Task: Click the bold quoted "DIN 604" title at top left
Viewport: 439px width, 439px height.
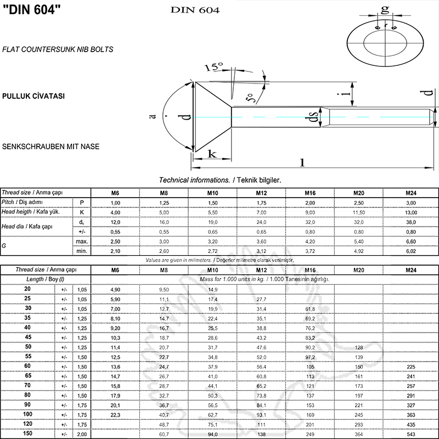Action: (x=32, y=12)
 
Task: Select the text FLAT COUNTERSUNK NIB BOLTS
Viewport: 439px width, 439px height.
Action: (x=58, y=49)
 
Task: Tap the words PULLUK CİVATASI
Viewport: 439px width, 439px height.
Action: (x=33, y=95)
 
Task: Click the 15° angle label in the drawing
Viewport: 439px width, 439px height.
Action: (x=213, y=67)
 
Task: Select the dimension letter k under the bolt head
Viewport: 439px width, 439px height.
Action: (x=211, y=154)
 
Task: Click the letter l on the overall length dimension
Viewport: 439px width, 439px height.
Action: (x=302, y=161)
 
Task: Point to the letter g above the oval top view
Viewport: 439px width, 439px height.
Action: (x=385, y=9)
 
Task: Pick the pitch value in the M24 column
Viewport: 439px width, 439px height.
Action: (x=410, y=202)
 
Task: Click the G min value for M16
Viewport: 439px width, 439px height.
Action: (x=309, y=251)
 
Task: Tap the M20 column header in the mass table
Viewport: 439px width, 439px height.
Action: (x=358, y=270)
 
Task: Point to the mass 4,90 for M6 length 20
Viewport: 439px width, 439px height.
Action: (x=115, y=289)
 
